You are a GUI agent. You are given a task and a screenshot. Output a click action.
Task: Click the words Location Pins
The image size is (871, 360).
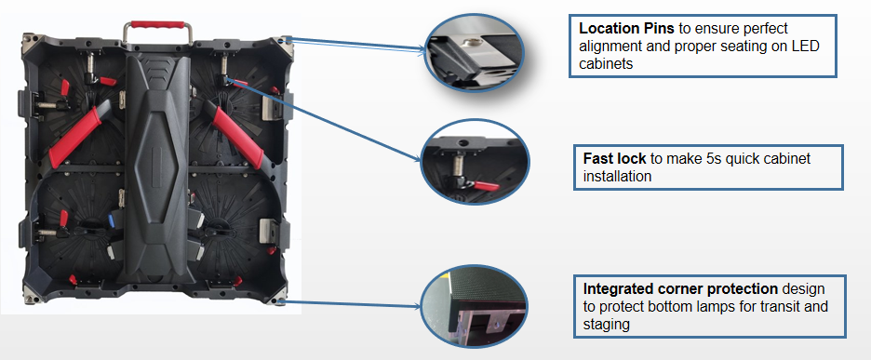(626, 28)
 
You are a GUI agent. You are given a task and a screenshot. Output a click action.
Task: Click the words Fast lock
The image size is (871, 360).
(614, 159)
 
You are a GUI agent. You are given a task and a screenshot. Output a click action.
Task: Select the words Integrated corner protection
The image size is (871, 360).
(680, 289)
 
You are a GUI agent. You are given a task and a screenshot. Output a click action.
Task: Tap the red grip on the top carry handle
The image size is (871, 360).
(157, 25)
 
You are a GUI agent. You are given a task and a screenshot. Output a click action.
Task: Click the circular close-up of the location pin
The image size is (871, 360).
(474, 52)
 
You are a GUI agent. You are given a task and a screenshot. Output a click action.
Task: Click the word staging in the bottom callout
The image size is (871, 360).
(606, 325)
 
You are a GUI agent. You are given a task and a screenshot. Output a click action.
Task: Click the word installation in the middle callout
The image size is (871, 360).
(617, 177)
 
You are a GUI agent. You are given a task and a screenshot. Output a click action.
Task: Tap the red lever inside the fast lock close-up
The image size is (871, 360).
(485, 185)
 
